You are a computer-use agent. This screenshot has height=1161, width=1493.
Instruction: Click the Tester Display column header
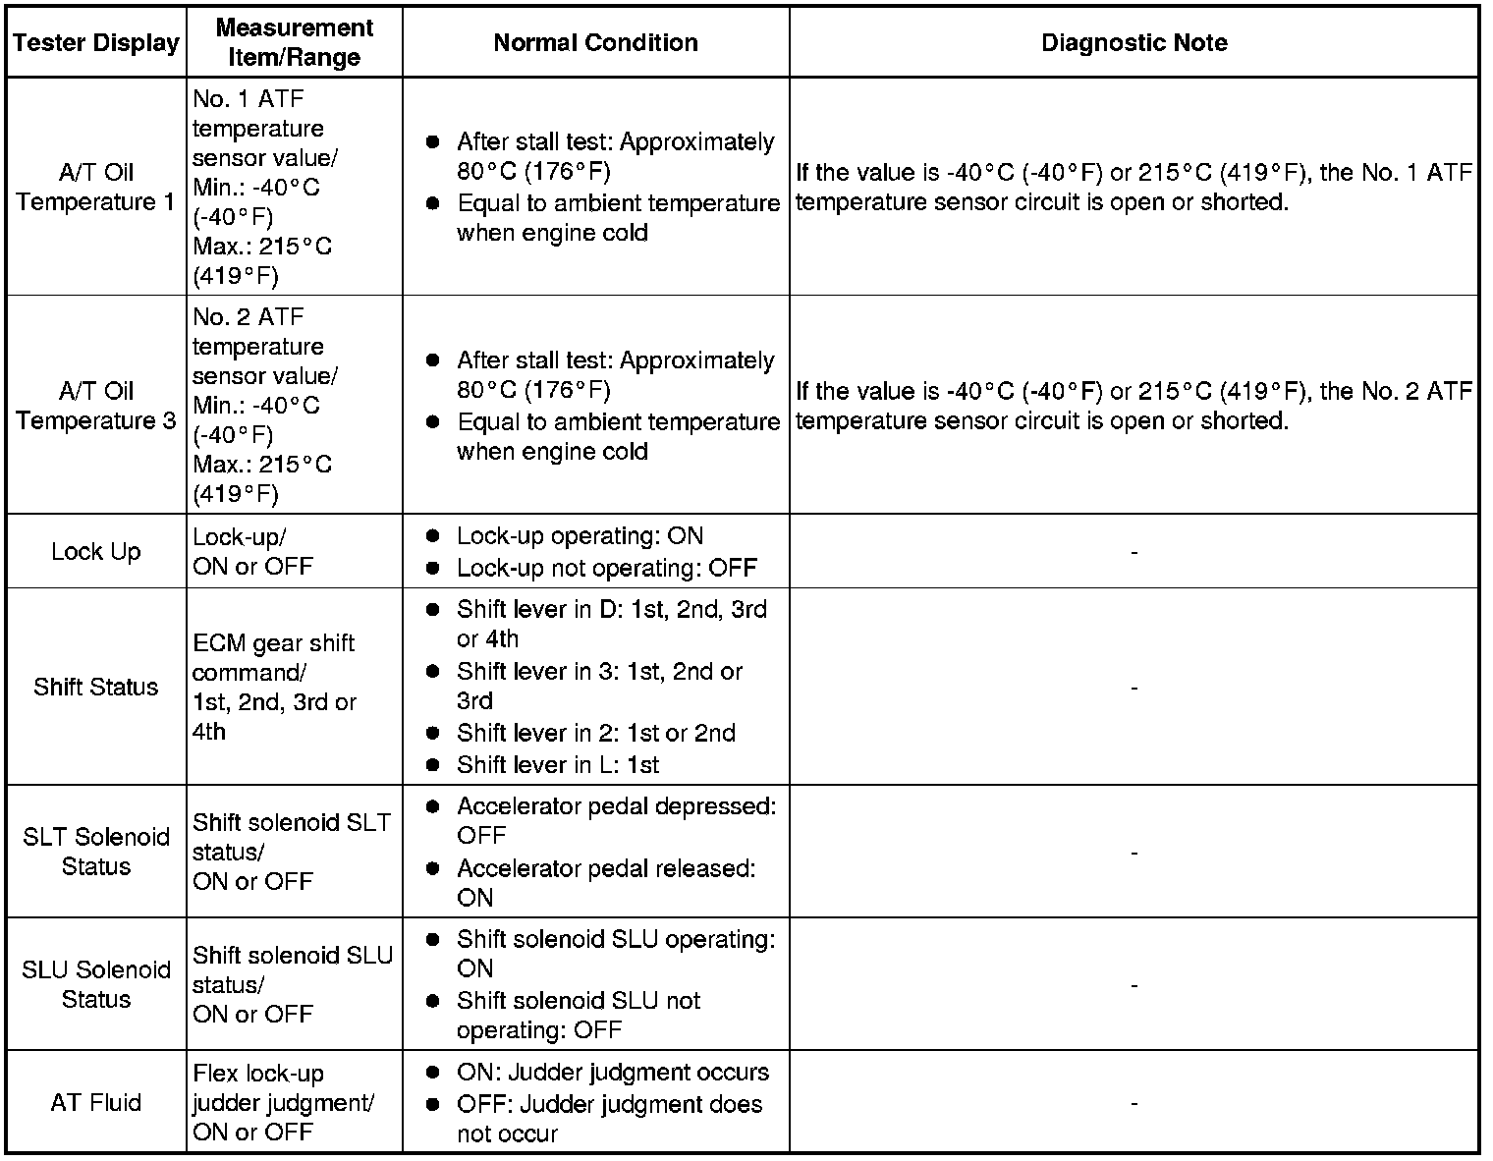96,43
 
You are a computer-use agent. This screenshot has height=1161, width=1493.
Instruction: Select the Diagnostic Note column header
1134,43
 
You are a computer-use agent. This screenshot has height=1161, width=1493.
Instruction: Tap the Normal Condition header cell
595,43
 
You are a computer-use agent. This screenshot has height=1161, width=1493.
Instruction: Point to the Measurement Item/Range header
294,43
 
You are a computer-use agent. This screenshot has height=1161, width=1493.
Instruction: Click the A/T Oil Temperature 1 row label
96,188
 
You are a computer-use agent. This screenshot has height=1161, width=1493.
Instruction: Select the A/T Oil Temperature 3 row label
96,406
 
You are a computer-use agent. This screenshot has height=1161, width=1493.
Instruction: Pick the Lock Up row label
96,552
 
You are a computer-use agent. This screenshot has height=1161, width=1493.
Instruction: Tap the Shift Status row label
96,687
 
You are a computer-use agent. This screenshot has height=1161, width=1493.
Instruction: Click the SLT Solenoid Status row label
96,852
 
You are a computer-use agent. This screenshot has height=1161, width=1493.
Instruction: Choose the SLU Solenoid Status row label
96,984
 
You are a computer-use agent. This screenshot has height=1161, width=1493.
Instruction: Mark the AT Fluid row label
96,1103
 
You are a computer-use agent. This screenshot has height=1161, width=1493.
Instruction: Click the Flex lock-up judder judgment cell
283,1103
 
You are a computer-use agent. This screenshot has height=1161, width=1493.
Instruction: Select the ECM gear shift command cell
274,688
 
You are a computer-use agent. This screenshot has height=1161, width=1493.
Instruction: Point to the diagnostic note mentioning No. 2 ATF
1134,406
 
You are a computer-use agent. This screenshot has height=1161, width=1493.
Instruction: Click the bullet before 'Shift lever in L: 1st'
432,765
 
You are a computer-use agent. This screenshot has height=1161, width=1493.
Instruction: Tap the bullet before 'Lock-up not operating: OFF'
432,568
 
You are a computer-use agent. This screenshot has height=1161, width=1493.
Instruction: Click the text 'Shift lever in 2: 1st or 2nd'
595,734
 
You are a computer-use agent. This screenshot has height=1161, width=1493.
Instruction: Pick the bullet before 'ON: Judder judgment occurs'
432,1073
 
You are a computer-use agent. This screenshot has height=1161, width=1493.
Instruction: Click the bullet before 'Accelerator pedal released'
432,869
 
